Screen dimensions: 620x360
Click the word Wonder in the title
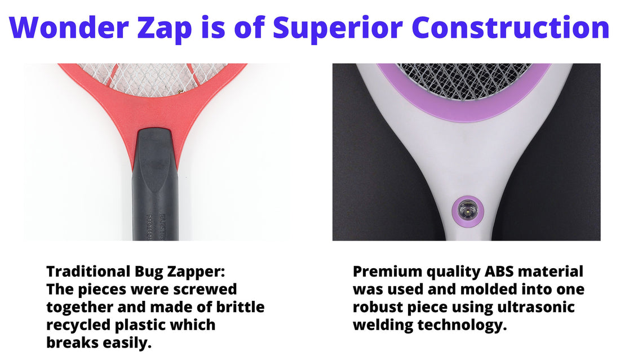[69, 27]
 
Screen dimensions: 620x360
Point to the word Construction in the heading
[511, 27]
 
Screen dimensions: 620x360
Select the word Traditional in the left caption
[88, 272]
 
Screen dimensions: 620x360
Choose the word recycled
[79, 326]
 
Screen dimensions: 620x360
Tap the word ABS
[499, 272]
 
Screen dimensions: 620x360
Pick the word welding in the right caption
[383, 326]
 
